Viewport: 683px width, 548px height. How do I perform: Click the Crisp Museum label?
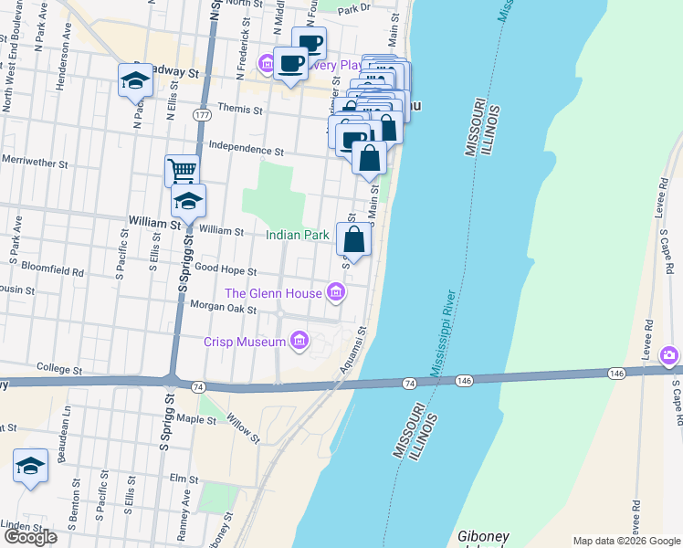244,342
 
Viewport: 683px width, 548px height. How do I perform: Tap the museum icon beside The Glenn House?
336,293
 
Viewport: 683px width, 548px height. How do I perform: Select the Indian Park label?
297,235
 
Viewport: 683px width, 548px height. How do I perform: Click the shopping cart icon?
183,171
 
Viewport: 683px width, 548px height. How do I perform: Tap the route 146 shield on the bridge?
465,380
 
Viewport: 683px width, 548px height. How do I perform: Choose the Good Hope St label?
226,271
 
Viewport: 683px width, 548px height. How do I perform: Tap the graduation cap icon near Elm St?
30,467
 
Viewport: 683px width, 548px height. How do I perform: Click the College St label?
59,371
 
